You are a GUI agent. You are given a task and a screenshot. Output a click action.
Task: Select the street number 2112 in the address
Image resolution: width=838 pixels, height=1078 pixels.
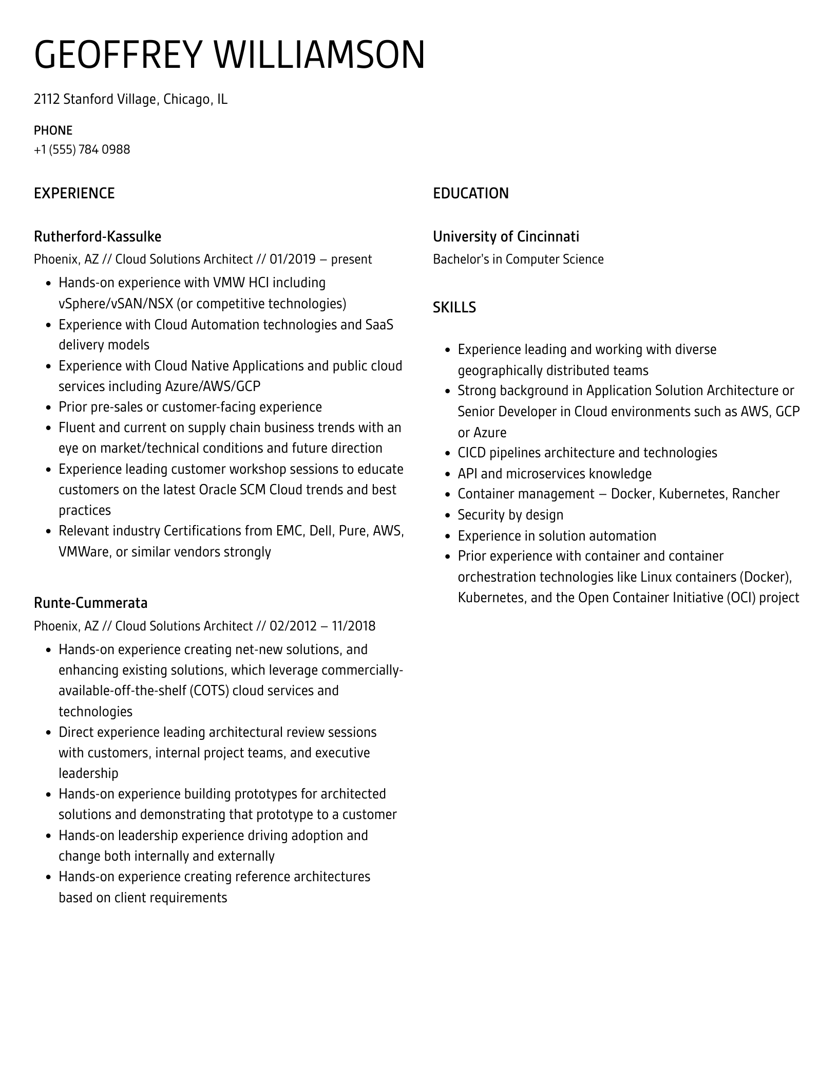[47, 99]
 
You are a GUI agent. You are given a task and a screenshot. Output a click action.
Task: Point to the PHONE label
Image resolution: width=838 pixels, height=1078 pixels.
[53, 130]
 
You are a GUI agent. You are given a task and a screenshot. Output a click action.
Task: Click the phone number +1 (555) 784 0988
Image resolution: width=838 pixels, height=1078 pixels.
[82, 150]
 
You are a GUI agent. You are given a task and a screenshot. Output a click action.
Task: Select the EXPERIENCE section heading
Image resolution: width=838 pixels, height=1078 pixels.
[74, 193]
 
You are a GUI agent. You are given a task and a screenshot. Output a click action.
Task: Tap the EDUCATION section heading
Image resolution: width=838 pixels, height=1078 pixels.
[470, 193]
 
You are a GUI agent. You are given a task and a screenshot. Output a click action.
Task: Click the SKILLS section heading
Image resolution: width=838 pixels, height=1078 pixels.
[454, 307]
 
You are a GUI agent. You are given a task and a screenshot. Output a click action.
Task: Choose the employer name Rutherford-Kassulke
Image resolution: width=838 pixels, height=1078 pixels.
[98, 236]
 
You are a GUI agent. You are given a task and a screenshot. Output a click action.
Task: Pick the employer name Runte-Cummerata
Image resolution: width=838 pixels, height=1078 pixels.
[90, 603]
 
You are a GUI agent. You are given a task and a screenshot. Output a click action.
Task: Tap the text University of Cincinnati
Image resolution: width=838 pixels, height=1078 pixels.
[506, 236]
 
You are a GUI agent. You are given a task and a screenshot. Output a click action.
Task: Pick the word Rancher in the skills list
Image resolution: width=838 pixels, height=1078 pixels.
[755, 494]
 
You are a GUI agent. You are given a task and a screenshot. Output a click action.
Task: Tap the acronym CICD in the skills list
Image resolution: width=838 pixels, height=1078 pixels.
[471, 453]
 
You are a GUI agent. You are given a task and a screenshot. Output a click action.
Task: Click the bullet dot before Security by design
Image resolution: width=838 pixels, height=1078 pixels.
[447, 515]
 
